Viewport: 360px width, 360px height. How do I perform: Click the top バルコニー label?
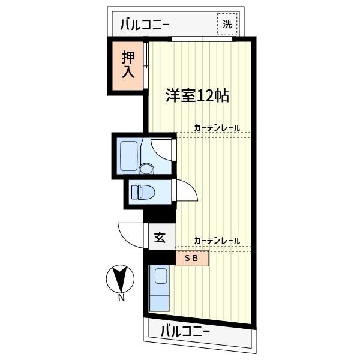[145, 25]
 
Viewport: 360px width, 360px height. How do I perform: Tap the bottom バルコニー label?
[185, 331]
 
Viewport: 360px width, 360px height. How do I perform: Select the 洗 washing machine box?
[227, 25]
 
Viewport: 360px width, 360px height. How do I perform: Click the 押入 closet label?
[128, 65]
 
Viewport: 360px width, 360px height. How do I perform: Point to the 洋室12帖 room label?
[197, 95]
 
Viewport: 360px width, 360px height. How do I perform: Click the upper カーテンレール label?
[217, 128]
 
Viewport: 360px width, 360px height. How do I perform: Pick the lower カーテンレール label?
[217, 241]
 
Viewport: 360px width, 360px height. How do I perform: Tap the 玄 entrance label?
[160, 238]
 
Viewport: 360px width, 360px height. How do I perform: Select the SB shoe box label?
[191, 259]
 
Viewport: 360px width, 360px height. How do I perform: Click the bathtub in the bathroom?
[130, 156]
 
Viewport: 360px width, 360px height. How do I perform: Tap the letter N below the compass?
[121, 298]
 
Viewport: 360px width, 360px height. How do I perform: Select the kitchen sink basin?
[160, 277]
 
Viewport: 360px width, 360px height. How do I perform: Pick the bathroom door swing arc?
[163, 148]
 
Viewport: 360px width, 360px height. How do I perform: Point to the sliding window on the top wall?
[202, 40]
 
